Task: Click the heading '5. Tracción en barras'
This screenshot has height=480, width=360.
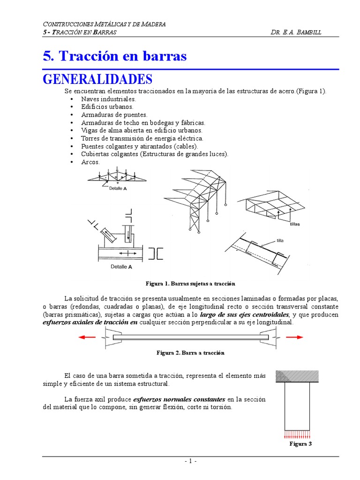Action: (114, 56)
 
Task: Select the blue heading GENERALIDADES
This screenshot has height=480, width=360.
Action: (97, 78)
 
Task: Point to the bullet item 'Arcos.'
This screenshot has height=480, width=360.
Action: (90, 162)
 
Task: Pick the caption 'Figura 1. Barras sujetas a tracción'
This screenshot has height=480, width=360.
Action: (190, 284)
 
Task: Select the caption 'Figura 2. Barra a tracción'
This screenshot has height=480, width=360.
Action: (190, 353)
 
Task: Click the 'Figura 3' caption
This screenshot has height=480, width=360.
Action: (300, 443)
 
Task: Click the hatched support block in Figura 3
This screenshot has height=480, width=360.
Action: (297, 376)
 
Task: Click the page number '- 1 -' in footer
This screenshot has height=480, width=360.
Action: (190, 461)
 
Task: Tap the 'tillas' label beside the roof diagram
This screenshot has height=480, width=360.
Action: (294, 224)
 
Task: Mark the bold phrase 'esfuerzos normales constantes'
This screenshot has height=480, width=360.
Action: (179, 399)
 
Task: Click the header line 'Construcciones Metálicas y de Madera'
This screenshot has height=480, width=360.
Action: (104, 24)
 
